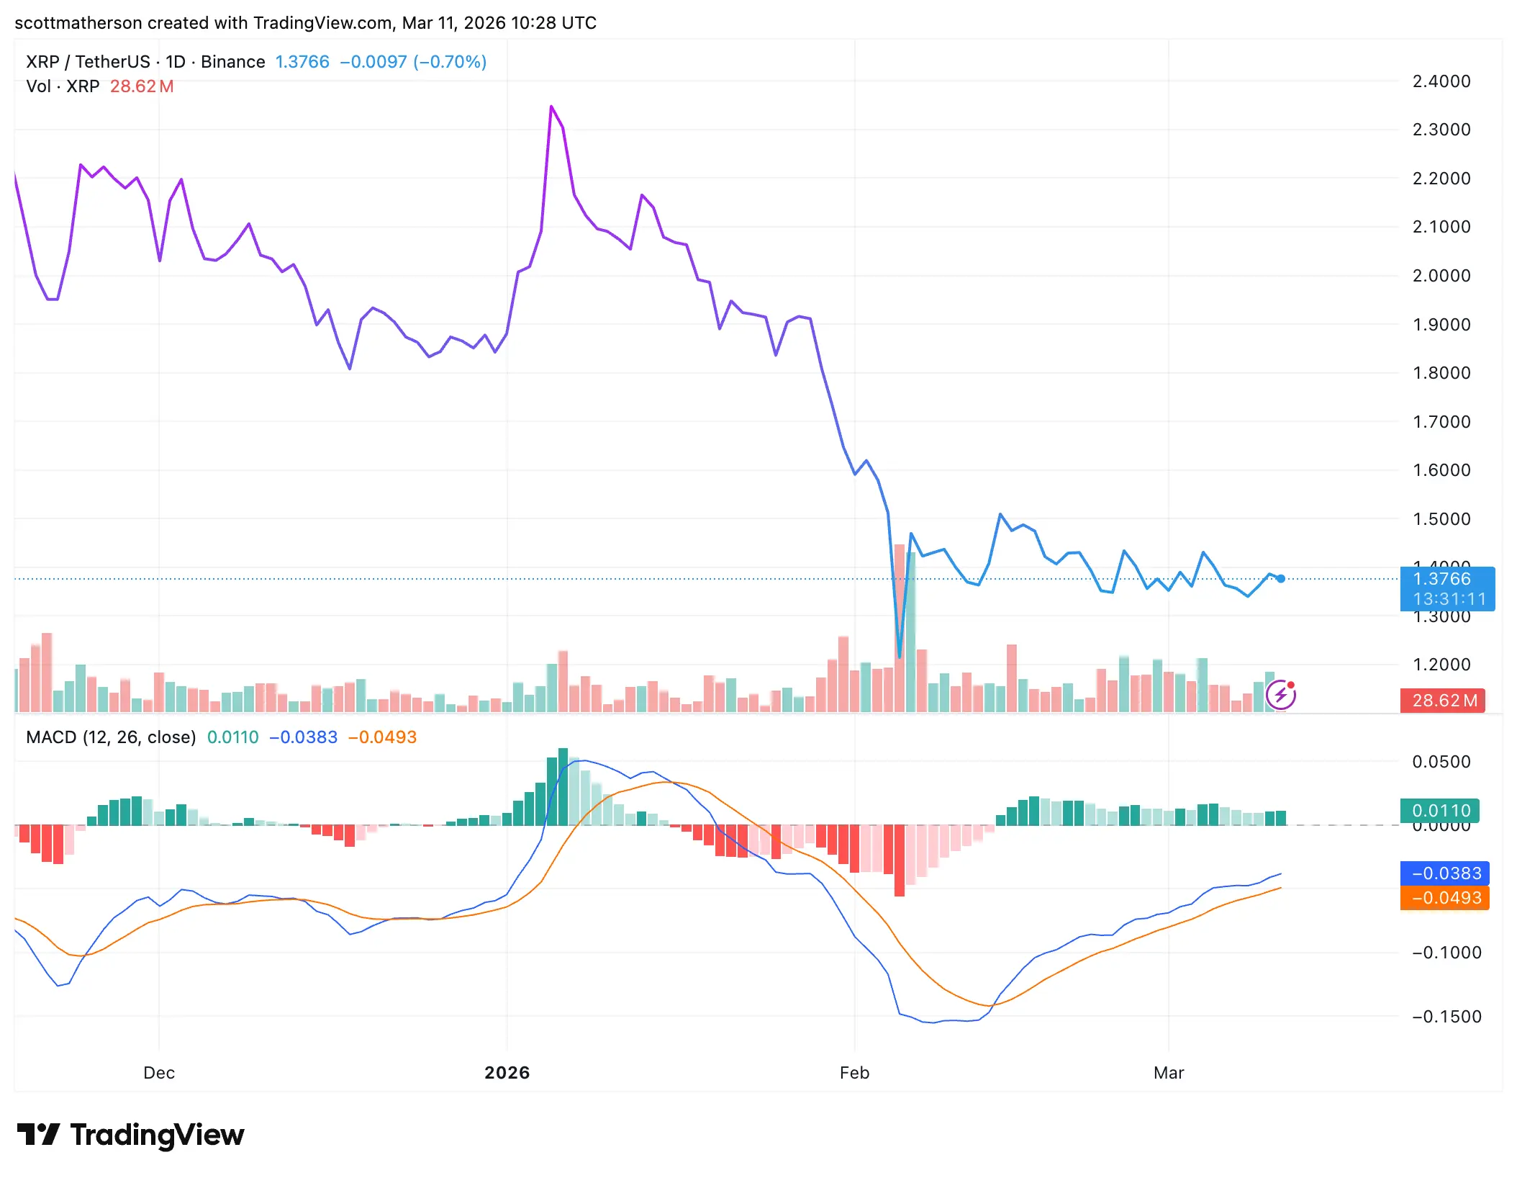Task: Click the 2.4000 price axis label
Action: click(x=1441, y=81)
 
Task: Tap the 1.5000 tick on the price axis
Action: click(x=1441, y=519)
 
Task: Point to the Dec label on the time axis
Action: click(x=159, y=1073)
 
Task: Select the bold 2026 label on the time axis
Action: click(x=507, y=1073)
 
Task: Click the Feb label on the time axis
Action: click(x=854, y=1073)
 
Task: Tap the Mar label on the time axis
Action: click(x=1168, y=1073)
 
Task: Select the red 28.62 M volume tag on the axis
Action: click(x=1442, y=701)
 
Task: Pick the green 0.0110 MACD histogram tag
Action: click(x=1440, y=811)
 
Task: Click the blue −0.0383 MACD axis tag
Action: click(x=1445, y=873)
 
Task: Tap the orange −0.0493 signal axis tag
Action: click(x=1445, y=898)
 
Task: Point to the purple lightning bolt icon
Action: click(x=1280, y=696)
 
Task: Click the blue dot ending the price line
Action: click(x=1281, y=579)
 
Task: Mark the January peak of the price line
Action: click(x=551, y=107)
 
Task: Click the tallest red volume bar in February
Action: click(x=899, y=626)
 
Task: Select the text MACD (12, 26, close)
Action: click(x=111, y=737)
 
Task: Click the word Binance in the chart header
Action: click(x=232, y=62)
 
